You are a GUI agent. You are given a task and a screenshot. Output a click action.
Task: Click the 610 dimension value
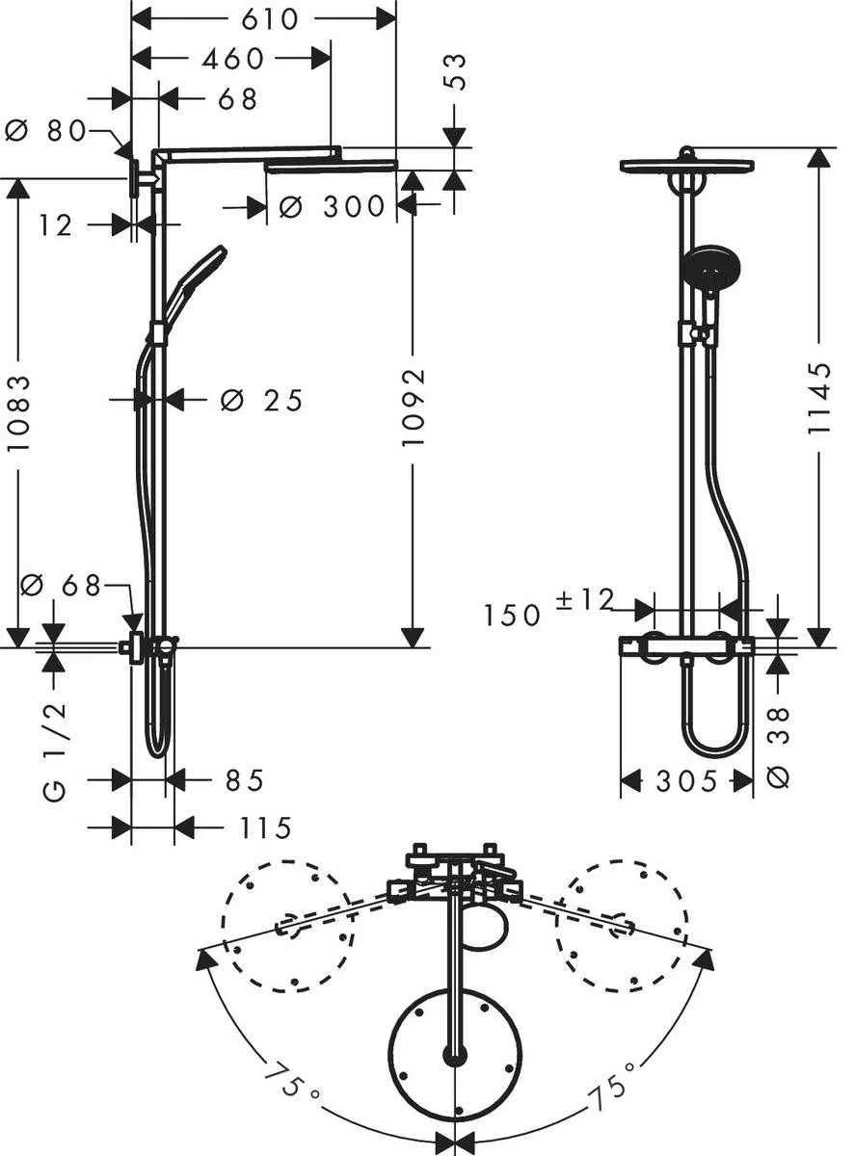point(263,18)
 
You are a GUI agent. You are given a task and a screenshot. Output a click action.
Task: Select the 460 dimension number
point(232,59)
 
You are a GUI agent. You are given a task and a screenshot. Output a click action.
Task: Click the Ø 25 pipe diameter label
point(261,399)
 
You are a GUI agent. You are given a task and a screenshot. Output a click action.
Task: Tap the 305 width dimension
point(685,781)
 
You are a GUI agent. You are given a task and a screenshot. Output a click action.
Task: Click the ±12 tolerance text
point(585,599)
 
